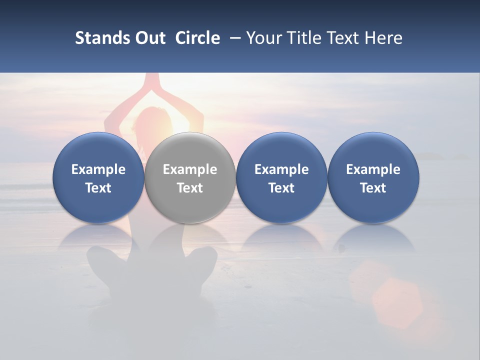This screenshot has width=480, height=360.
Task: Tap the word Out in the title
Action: click(x=149, y=38)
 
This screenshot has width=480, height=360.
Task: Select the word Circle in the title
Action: click(x=197, y=38)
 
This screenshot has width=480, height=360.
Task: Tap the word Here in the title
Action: click(x=383, y=38)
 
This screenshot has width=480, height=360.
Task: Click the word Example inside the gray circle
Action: click(x=190, y=169)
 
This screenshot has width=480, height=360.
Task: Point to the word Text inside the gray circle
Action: click(x=190, y=188)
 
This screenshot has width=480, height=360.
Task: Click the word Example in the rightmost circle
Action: click(x=373, y=169)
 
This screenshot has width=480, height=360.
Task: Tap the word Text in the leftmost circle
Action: click(x=98, y=188)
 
